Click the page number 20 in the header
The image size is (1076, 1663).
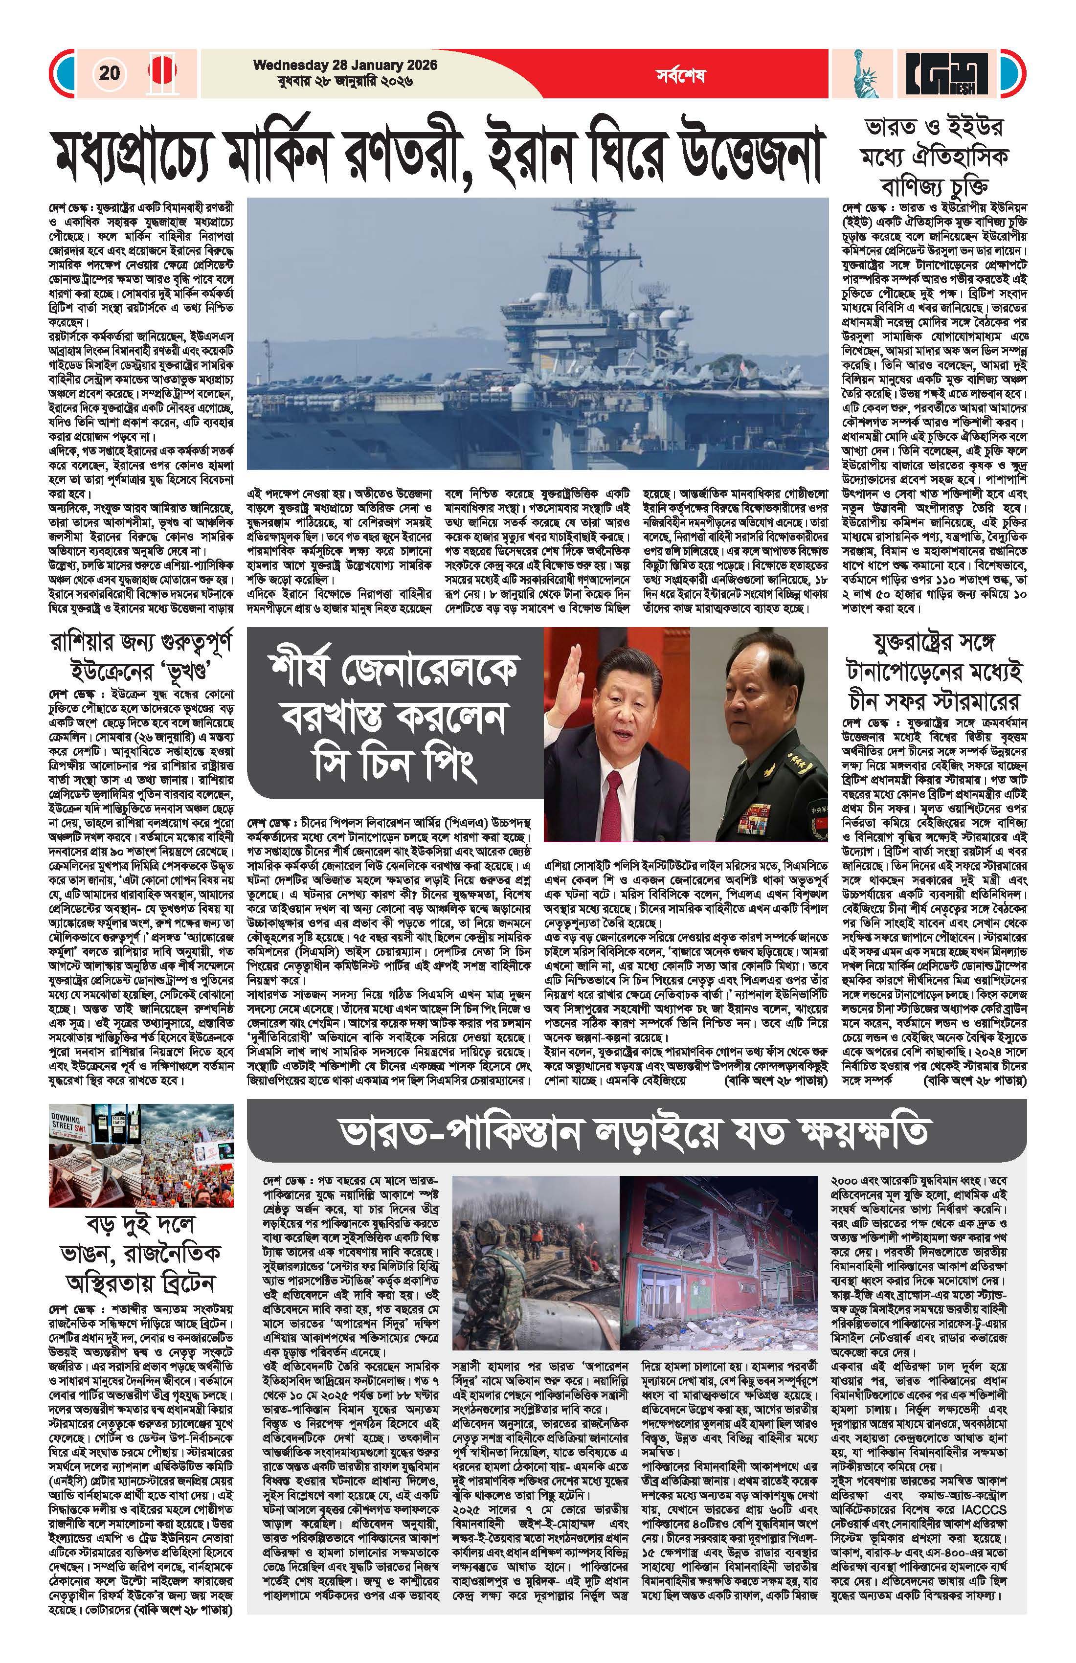110,73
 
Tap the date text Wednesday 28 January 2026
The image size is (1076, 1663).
345,65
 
